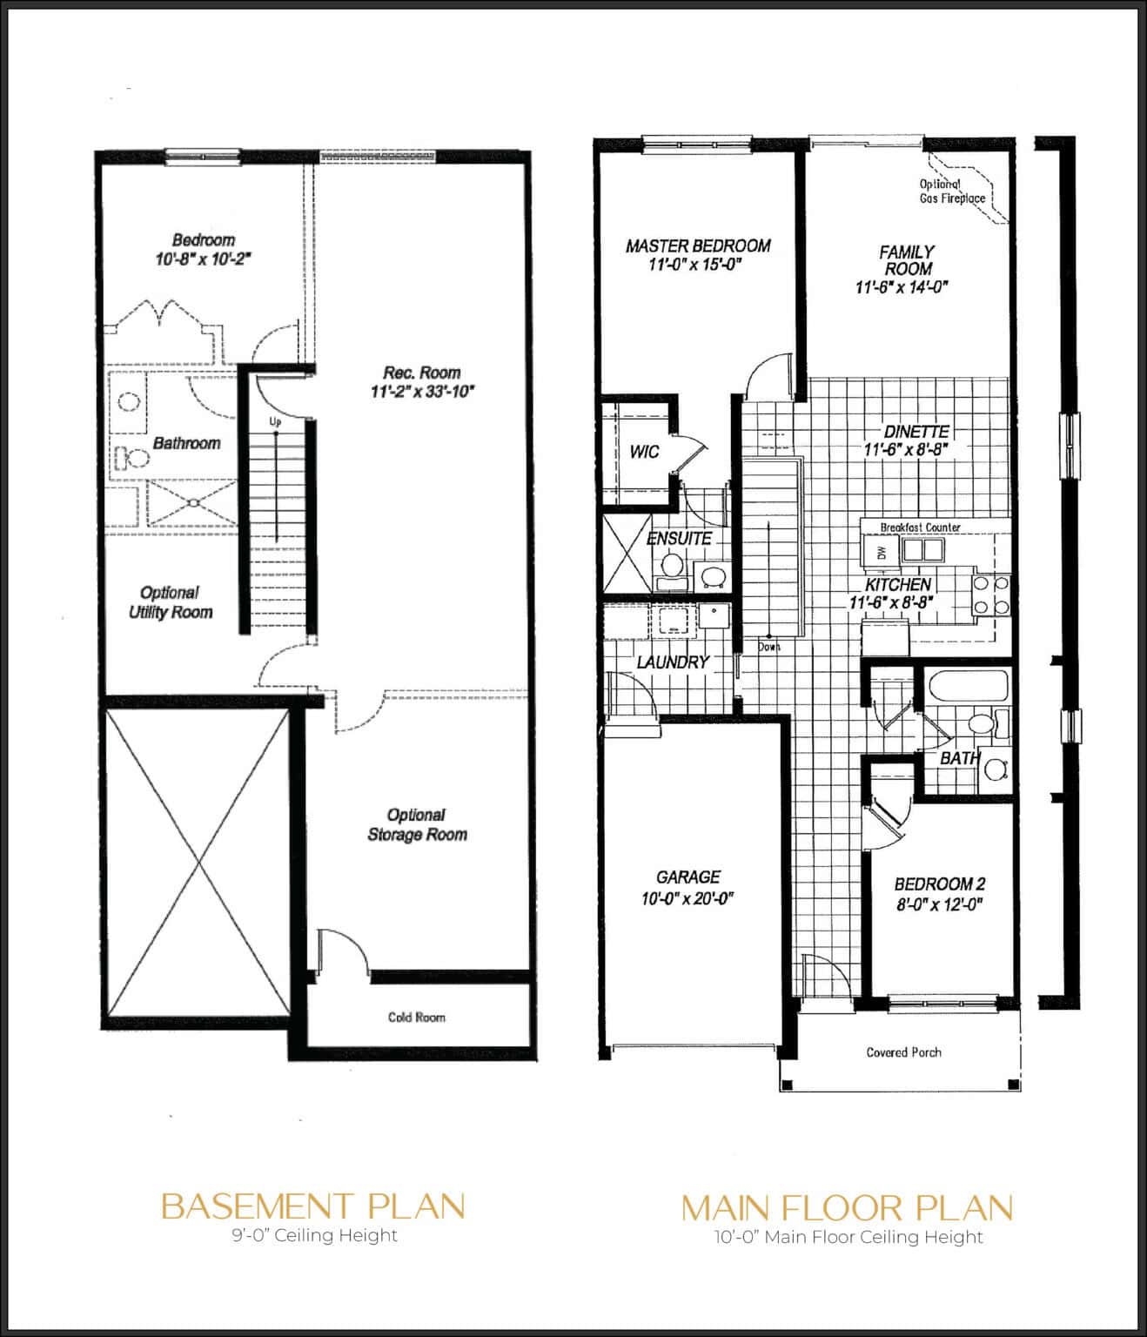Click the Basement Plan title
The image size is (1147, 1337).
coord(312,1206)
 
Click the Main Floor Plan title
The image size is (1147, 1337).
coord(847,1207)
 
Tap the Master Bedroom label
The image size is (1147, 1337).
coord(698,246)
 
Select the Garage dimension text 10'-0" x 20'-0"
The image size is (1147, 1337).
coord(688,899)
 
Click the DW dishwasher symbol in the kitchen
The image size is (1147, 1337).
coord(881,552)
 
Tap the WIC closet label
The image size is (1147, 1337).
coord(644,452)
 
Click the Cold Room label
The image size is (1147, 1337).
coord(416,1017)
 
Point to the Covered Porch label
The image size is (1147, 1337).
coord(903,1052)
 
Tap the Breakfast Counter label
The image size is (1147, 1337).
coord(920,527)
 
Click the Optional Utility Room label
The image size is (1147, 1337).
coord(171,602)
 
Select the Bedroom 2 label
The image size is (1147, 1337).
coord(939,883)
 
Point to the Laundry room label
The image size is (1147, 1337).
coord(673,662)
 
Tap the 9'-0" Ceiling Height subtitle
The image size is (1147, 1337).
coord(312,1235)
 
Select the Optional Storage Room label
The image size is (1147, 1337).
coord(417,824)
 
